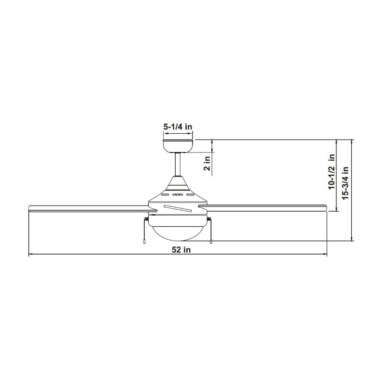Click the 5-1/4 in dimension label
tap(178, 127)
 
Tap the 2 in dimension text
tap(207, 164)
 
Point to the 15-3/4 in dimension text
tap(345, 182)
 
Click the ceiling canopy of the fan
tap(178, 145)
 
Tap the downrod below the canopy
tap(178, 164)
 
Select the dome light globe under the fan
tap(178, 231)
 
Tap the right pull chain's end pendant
tap(211, 243)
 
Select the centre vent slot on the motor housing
tap(178, 195)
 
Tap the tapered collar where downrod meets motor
tap(178, 182)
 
